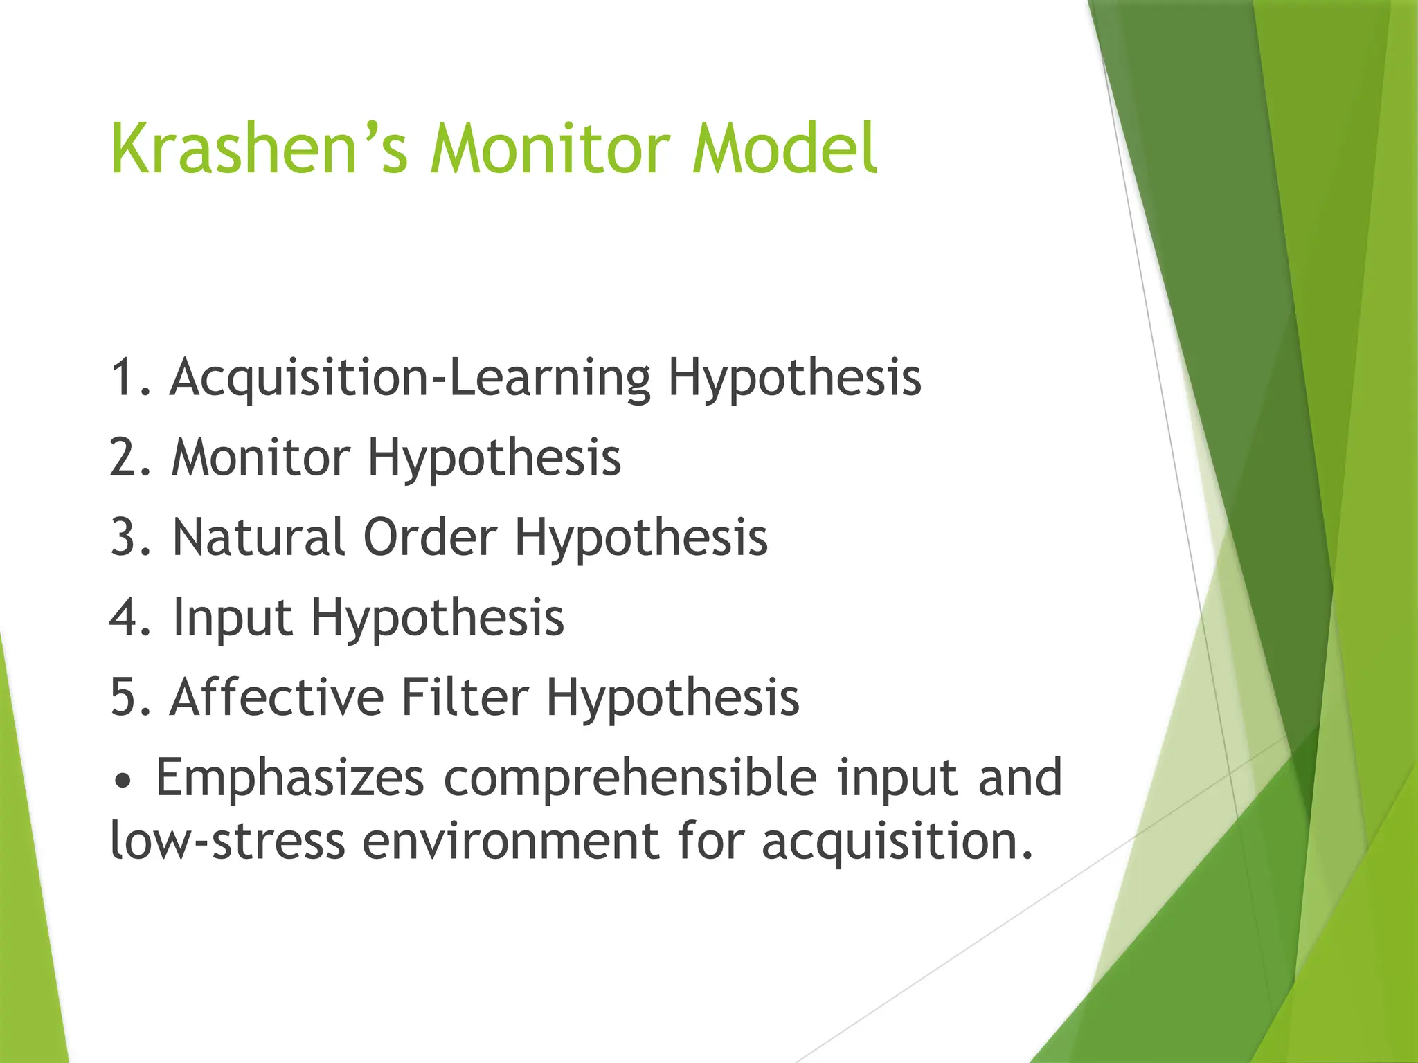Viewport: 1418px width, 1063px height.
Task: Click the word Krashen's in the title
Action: pos(258,149)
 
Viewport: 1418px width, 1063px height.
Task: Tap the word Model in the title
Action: pos(784,149)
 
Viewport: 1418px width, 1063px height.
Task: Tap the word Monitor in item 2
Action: pos(260,458)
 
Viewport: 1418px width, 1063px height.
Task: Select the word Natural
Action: pos(258,538)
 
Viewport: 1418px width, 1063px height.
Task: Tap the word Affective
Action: pos(276,697)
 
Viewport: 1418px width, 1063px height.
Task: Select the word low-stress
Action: pos(228,842)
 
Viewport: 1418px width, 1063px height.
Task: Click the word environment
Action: pos(511,842)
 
